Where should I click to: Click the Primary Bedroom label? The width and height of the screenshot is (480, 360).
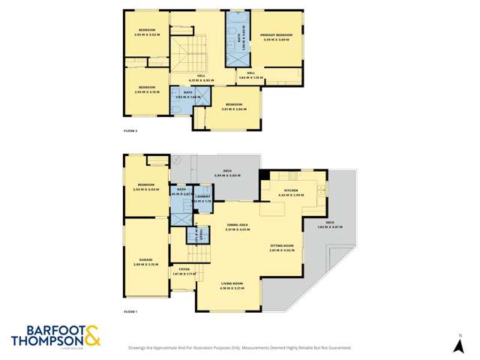[x=276, y=35]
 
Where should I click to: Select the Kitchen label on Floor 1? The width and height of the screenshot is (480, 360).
[x=292, y=191]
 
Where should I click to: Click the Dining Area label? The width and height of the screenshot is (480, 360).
[x=237, y=225]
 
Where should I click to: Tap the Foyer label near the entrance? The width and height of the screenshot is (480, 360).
[x=183, y=268]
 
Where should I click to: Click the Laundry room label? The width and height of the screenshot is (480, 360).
[x=202, y=190]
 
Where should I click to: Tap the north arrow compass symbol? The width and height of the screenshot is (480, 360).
[x=460, y=346]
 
